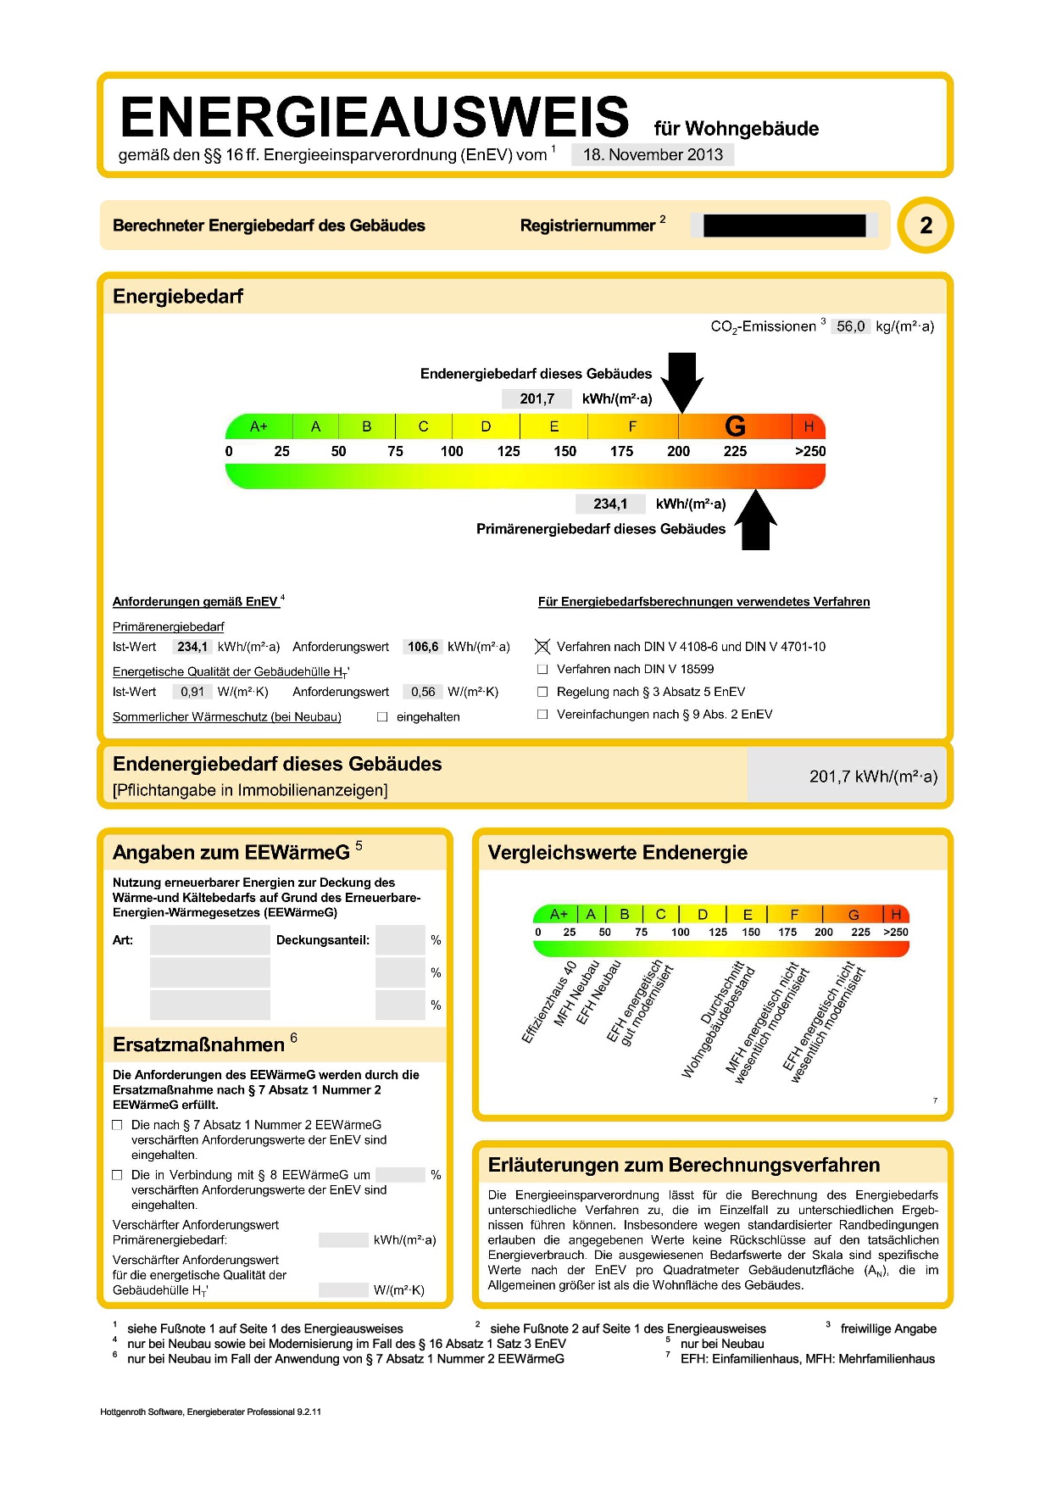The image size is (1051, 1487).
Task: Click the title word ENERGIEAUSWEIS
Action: [x=374, y=117]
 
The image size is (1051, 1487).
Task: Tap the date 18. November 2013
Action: [x=653, y=154]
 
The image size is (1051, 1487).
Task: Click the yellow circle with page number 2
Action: [x=926, y=226]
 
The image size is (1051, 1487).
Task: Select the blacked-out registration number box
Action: [x=784, y=226]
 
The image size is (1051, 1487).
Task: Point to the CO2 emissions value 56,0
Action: [x=850, y=326]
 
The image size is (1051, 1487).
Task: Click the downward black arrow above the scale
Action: [x=682, y=381]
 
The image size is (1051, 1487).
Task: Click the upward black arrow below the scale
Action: [x=755, y=520]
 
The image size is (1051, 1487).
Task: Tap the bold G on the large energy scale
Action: [x=735, y=426]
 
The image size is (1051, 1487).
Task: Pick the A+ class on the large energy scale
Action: [x=259, y=426]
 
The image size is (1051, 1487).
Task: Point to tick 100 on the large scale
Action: [x=452, y=451]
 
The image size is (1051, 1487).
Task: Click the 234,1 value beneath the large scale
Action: [x=610, y=504]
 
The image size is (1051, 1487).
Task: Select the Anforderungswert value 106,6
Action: [x=423, y=647]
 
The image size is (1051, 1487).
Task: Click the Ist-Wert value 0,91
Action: [x=192, y=692]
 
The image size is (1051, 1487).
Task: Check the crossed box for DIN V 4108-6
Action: [x=542, y=647]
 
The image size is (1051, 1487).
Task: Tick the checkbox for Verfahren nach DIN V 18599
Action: [x=542, y=670]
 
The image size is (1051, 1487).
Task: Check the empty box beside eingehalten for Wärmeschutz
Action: [x=382, y=717]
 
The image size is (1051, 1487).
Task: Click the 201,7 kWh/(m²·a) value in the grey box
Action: [x=873, y=777]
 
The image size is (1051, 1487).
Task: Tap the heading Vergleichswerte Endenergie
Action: [x=617, y=853]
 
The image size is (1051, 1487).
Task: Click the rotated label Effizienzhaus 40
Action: [x=549, y=1001]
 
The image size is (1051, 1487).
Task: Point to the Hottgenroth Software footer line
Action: [x=210, y=1412]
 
